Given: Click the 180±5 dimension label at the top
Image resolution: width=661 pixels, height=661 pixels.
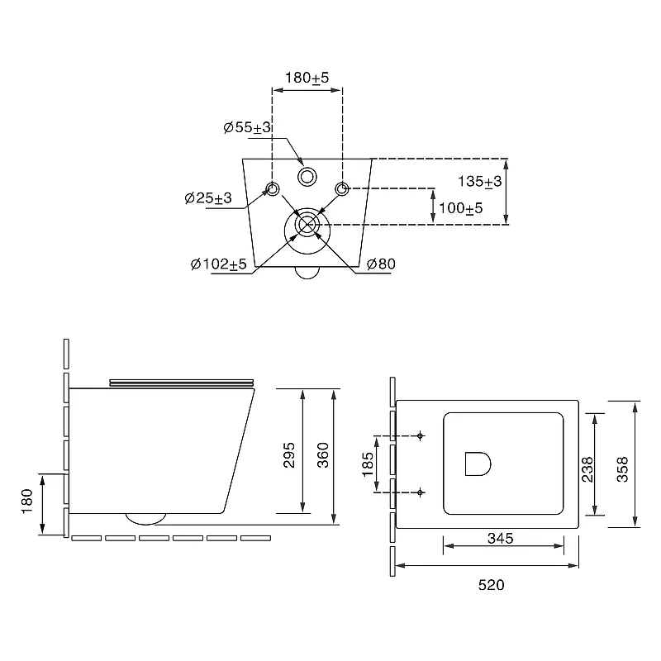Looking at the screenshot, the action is pos(307,78).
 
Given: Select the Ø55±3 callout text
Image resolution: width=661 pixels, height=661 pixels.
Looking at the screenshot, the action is pos(247,127).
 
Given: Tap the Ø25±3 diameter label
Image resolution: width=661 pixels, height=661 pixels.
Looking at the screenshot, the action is pos(208,197).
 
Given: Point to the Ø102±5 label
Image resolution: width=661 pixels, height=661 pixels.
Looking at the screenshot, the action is pos(218,264).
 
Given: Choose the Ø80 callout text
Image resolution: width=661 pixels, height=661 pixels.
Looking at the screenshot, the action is pos(381,264).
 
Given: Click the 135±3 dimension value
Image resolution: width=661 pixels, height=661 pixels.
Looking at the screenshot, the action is pos(480,182).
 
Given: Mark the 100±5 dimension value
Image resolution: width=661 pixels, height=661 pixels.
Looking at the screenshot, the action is pos(461,208).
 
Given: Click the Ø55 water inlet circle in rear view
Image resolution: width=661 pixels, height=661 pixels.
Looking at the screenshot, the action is pos(307,177).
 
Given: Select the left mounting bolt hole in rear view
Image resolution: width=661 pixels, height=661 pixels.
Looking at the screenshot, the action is pos(273,189).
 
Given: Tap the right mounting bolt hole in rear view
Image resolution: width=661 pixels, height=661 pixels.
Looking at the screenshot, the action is pos(342,189).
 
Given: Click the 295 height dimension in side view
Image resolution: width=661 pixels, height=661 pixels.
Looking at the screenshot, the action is pos(289,455).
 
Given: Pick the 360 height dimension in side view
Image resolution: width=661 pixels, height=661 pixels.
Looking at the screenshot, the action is pos(323,455).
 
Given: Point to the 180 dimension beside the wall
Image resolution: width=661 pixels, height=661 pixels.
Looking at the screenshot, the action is pos(27,501).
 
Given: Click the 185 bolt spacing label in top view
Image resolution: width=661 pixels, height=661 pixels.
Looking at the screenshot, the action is pos(368,464).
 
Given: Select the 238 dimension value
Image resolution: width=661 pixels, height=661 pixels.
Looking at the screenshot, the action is pos(587,469).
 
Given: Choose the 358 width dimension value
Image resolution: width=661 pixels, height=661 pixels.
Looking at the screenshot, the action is pos(622,469).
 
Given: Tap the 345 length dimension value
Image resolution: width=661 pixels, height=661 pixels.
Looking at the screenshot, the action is pos(501,539).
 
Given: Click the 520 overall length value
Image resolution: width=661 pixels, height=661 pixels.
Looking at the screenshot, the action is pos(491,585).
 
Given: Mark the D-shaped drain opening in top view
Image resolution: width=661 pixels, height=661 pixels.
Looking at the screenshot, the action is pos(478,464).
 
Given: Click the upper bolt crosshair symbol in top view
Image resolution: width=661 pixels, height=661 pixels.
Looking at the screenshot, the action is pos(420,435).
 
